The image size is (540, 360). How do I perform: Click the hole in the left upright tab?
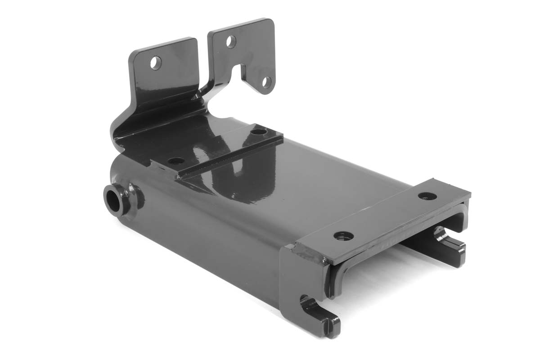(x=156, y=63)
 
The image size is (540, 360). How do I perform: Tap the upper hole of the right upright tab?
(x=231, y=42)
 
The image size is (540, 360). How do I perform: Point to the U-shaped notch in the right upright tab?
(x=241, y=72)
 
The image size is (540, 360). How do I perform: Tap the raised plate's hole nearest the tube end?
(x=176, y=161)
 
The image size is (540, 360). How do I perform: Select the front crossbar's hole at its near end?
(x=343, y=235)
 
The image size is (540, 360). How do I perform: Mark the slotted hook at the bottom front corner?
(x=319, y=315)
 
